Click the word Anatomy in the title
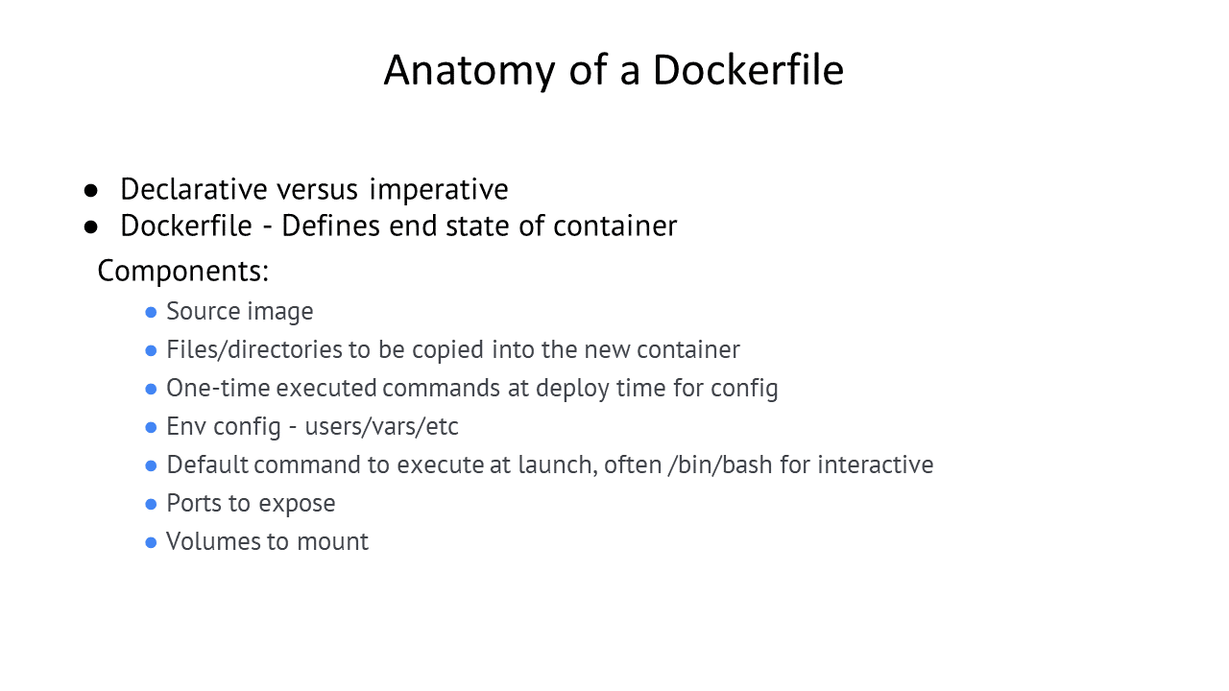470,71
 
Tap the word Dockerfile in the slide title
748,70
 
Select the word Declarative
194,189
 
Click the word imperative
439,190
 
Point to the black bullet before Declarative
91,191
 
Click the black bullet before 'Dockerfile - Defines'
91,227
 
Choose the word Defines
331,226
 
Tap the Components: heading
183,271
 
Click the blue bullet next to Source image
151,313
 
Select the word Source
203,311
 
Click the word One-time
218,388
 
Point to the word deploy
573,389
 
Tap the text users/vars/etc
381,426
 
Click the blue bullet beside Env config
151,428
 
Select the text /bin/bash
720,465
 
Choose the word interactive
876,465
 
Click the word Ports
194,503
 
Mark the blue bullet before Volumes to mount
151,543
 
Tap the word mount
332,542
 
